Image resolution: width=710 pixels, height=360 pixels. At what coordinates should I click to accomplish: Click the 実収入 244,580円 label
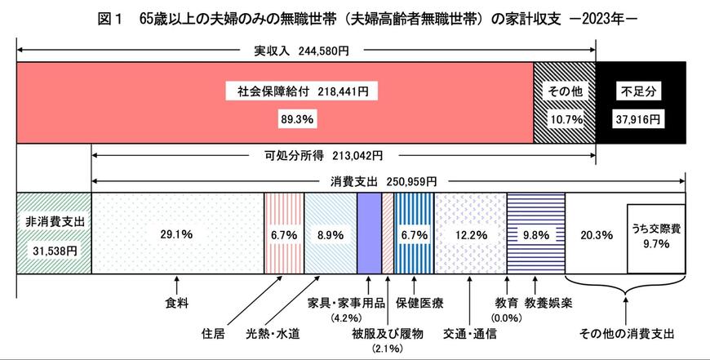coord(302,51)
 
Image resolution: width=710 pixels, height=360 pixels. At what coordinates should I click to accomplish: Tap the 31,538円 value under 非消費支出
coord(52,251)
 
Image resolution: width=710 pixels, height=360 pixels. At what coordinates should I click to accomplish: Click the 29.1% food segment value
coord(177,235)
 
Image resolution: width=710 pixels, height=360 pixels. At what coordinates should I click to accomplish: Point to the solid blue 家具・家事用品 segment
coord(369,235)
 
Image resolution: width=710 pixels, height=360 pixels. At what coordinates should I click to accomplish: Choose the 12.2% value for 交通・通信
coord(471,235)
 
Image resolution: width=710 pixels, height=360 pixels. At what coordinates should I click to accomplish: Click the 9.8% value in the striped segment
coord(535,235)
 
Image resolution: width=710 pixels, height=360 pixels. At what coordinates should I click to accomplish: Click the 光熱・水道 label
coord(272,334)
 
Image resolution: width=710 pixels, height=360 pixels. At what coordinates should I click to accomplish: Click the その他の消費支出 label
coord(626,334)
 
